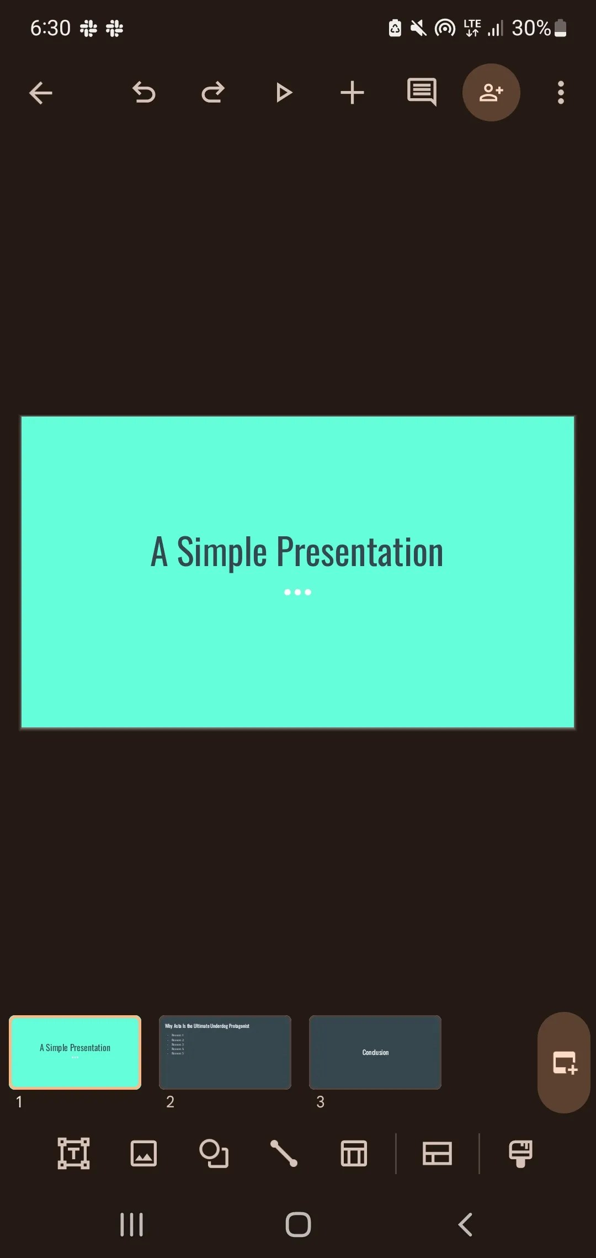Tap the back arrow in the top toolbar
40,93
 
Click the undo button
144,93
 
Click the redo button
213,93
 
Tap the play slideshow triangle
284,93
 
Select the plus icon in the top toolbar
352,93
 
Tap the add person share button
491,93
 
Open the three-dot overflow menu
561,93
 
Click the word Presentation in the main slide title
359,552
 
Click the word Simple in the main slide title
222,552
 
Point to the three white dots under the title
297,592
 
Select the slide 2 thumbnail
225,1052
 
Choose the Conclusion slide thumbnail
375,1052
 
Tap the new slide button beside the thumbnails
564,1063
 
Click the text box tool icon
73,1153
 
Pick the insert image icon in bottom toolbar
143,1153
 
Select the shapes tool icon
214,1153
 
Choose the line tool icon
284,1153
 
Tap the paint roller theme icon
520,1153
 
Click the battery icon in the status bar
560,28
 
